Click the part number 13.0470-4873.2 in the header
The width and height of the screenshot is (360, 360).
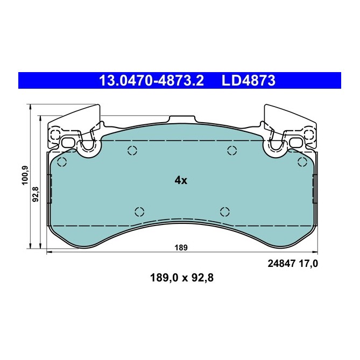pyautogui.click(x=151, y=81)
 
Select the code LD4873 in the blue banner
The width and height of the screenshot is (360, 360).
pyautogui.click(x=249, y=81)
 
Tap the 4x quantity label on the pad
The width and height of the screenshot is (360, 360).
pyautogui.click(x=181, y=181)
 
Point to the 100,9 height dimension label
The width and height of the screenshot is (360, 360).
pyautogui.click(x=24, y=175)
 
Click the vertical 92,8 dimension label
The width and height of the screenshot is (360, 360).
pyautogui.click(x=36, y=192)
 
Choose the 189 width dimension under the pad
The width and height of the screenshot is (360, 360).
pyautogui.click(x=180, y=248)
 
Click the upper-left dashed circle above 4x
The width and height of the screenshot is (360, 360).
pyautogui.click(x=132, y=151)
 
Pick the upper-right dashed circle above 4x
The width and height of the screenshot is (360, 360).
pyautogui.click(x=232, y=151)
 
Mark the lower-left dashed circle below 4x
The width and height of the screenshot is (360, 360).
pyautogui.click(x=139, y=211)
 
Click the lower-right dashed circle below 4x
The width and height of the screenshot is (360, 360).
pyautogui.click(x=225, y=211)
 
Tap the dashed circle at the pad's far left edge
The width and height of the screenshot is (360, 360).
pyautogui.click(x=61, y=163)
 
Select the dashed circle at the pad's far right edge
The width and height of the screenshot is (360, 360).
pyautogui.click(x=302, y=162)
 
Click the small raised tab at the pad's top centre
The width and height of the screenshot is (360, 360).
pyautogui.click(x=182, y=118)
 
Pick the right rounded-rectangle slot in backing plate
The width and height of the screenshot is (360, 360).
pyautogui.click(x=295, y=143)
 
